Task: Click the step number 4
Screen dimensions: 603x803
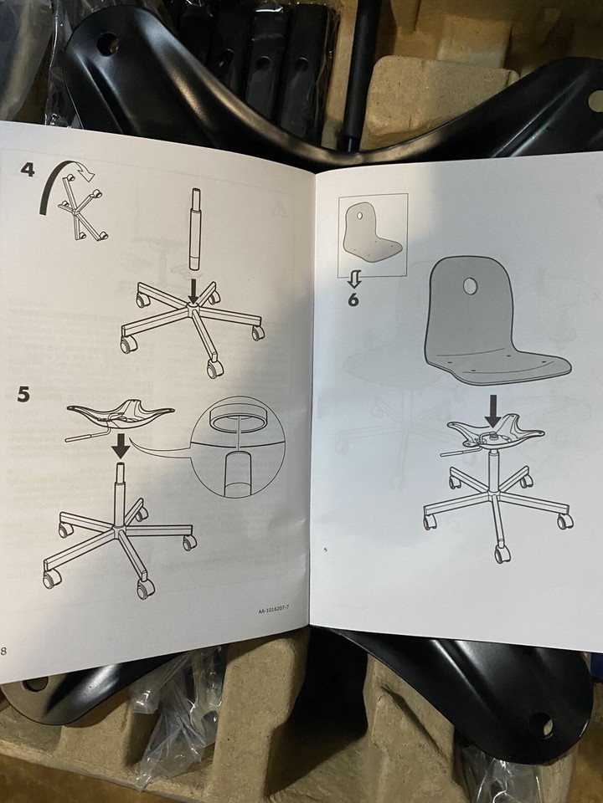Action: [27, 169]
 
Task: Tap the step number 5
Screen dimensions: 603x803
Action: [23, 394]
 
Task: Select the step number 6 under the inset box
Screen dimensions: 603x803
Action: [353, 299]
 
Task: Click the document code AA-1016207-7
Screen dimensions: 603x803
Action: [273, 609]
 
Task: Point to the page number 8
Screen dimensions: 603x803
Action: [3, 652]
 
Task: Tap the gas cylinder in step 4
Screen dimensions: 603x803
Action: [195, 228]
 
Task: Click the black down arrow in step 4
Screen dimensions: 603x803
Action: [193, 291]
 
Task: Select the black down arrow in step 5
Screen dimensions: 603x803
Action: [121, 446]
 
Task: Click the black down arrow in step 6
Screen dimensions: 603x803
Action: [492, 411]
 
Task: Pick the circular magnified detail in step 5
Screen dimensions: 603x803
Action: [237, 447]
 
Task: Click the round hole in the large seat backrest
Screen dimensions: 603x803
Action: [470, 286]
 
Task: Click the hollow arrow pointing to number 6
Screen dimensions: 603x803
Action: [354, 279]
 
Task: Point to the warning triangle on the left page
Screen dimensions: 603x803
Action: [279, 208]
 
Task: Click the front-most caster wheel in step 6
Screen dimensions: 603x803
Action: [502, 554]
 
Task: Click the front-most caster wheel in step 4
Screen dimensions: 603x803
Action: [215, 368]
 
